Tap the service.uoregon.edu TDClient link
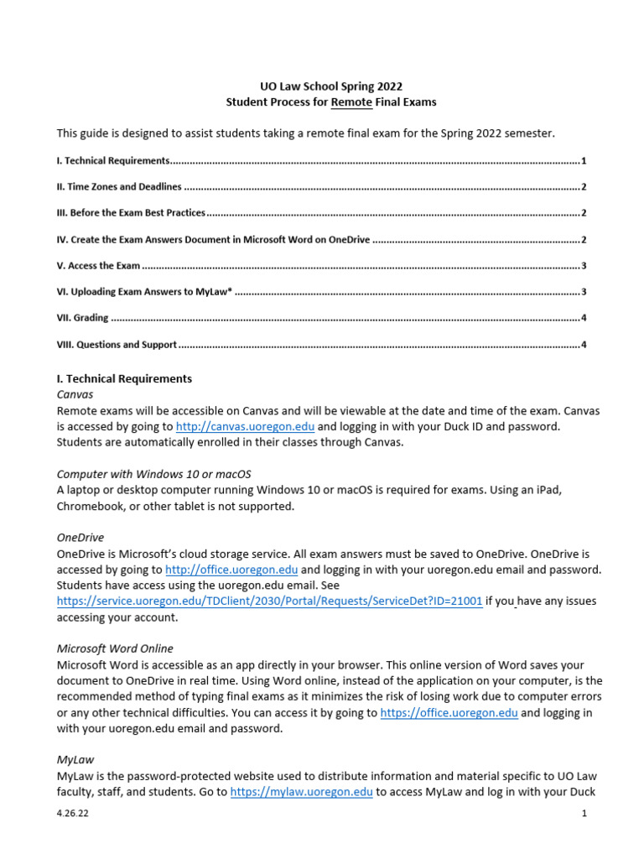pos(269,601)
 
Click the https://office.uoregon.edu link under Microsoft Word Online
pos(449,712)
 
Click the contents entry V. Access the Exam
pos(98,265)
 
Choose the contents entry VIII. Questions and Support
pos(117,344)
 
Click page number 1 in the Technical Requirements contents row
pos(583,160)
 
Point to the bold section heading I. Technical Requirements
pos(124,378)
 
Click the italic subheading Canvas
pos(75,393)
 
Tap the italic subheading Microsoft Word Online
pos(115,648)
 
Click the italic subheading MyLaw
pos(75,759)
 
